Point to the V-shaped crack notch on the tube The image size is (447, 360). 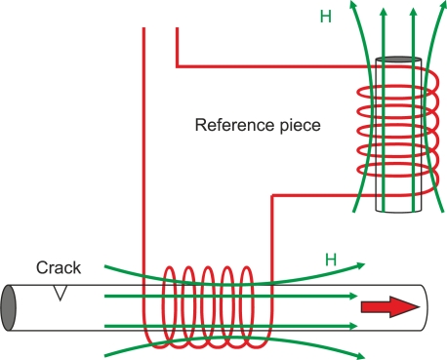tap(61, 290)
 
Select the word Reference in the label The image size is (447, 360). tap(231, 126)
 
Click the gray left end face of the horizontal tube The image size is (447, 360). tap(11, 307)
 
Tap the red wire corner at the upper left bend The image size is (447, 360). tap(177, 66)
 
